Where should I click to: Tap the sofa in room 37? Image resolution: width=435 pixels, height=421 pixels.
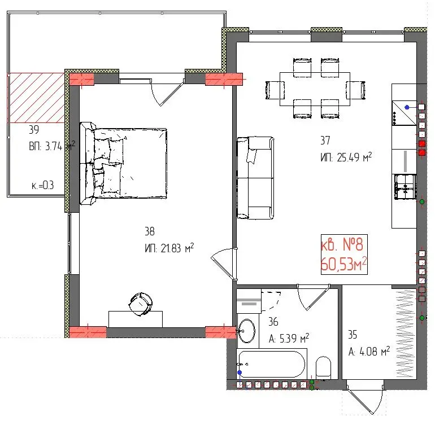pyautogui.click(x=255, y=178)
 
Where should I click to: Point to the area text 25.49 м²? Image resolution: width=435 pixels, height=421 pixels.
pyautogui.click(x=345, y=158)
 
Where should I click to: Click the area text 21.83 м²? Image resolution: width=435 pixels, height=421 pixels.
pyautogui.click(x=169, y=248)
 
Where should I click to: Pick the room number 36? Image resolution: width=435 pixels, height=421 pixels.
pyautogui.click(x=274, y=323)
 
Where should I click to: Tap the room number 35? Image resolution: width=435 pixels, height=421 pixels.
pyautogui.click(x=354, y=334)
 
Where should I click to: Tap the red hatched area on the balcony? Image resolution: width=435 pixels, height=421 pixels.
pyautogui.click(x=36, y=98)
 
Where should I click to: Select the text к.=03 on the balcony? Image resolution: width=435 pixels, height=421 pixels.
pyautogui.click(x=42, y=185)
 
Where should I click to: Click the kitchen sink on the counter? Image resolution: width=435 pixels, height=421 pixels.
pyautogui.click(x=404, y=186)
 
